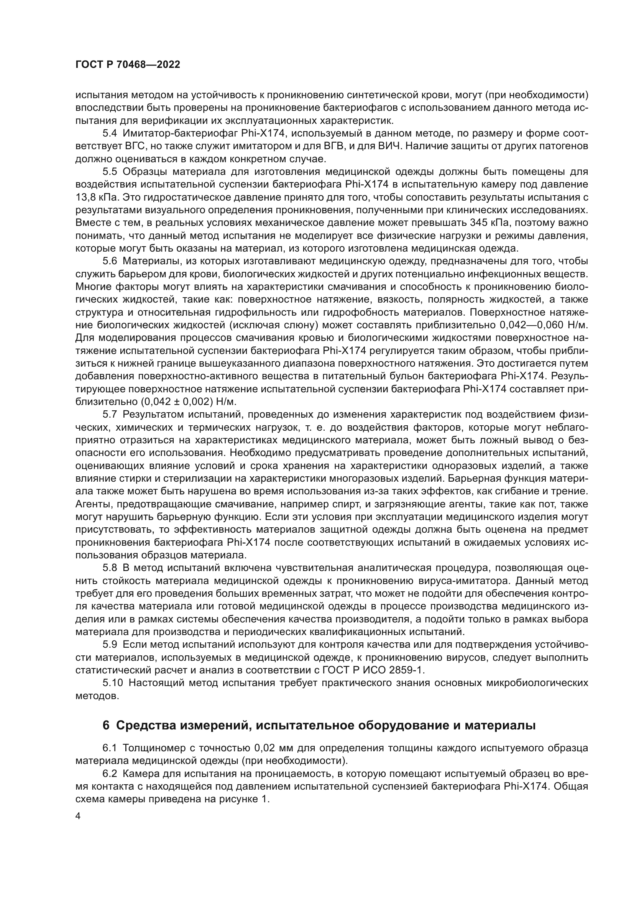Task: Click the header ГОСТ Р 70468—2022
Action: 128,65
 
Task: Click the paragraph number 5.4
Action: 109,133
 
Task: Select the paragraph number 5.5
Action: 109,172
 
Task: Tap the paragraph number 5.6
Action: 109,262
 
